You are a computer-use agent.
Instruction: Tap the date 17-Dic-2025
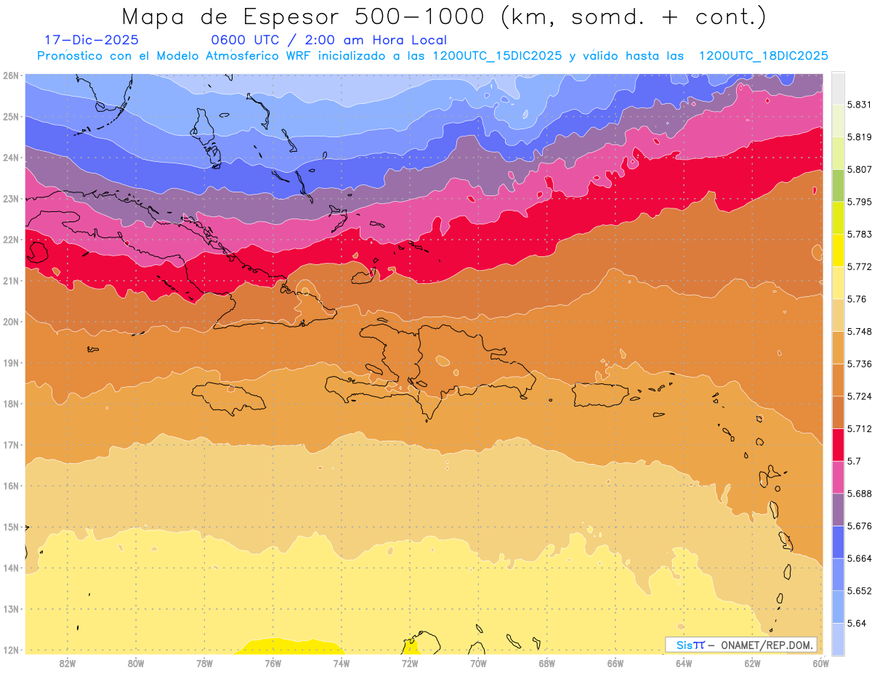coord(92,41)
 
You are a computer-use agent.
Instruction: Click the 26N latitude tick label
coord(11,76)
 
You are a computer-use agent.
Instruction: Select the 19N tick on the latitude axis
coord(11,363)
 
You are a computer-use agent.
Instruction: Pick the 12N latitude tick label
coord(11,650)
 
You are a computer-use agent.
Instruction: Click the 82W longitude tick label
coord(68,663)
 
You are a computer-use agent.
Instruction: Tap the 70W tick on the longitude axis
coord(478,663)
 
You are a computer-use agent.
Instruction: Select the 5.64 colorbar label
coord(850,623)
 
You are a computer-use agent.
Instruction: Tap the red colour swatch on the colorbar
coord(838,444)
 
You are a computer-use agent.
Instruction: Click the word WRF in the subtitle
coord(308,56)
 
